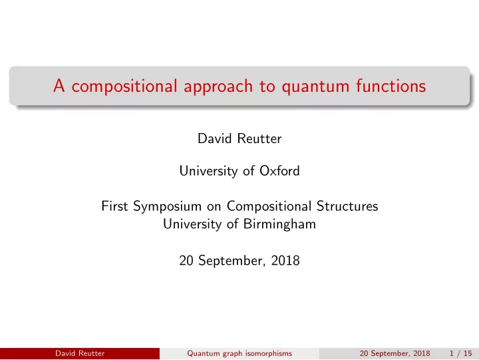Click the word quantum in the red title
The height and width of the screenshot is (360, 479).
[315, 87]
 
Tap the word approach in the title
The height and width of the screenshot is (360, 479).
[218, 86]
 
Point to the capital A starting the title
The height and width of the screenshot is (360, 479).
[59, 85]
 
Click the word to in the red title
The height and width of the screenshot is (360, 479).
[267, 87]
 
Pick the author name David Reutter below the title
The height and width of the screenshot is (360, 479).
[239, 139]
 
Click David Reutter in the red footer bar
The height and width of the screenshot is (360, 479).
[80, 353]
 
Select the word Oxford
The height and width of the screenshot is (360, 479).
[279, 171]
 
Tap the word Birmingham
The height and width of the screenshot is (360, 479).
[279, 225]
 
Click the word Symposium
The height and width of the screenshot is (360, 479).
[168, 206]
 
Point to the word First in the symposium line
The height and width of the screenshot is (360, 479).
[114, 206]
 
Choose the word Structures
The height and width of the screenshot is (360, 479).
[347, 206]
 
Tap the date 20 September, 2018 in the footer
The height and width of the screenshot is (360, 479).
[395, 353]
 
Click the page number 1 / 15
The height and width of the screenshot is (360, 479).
[460, 353]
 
